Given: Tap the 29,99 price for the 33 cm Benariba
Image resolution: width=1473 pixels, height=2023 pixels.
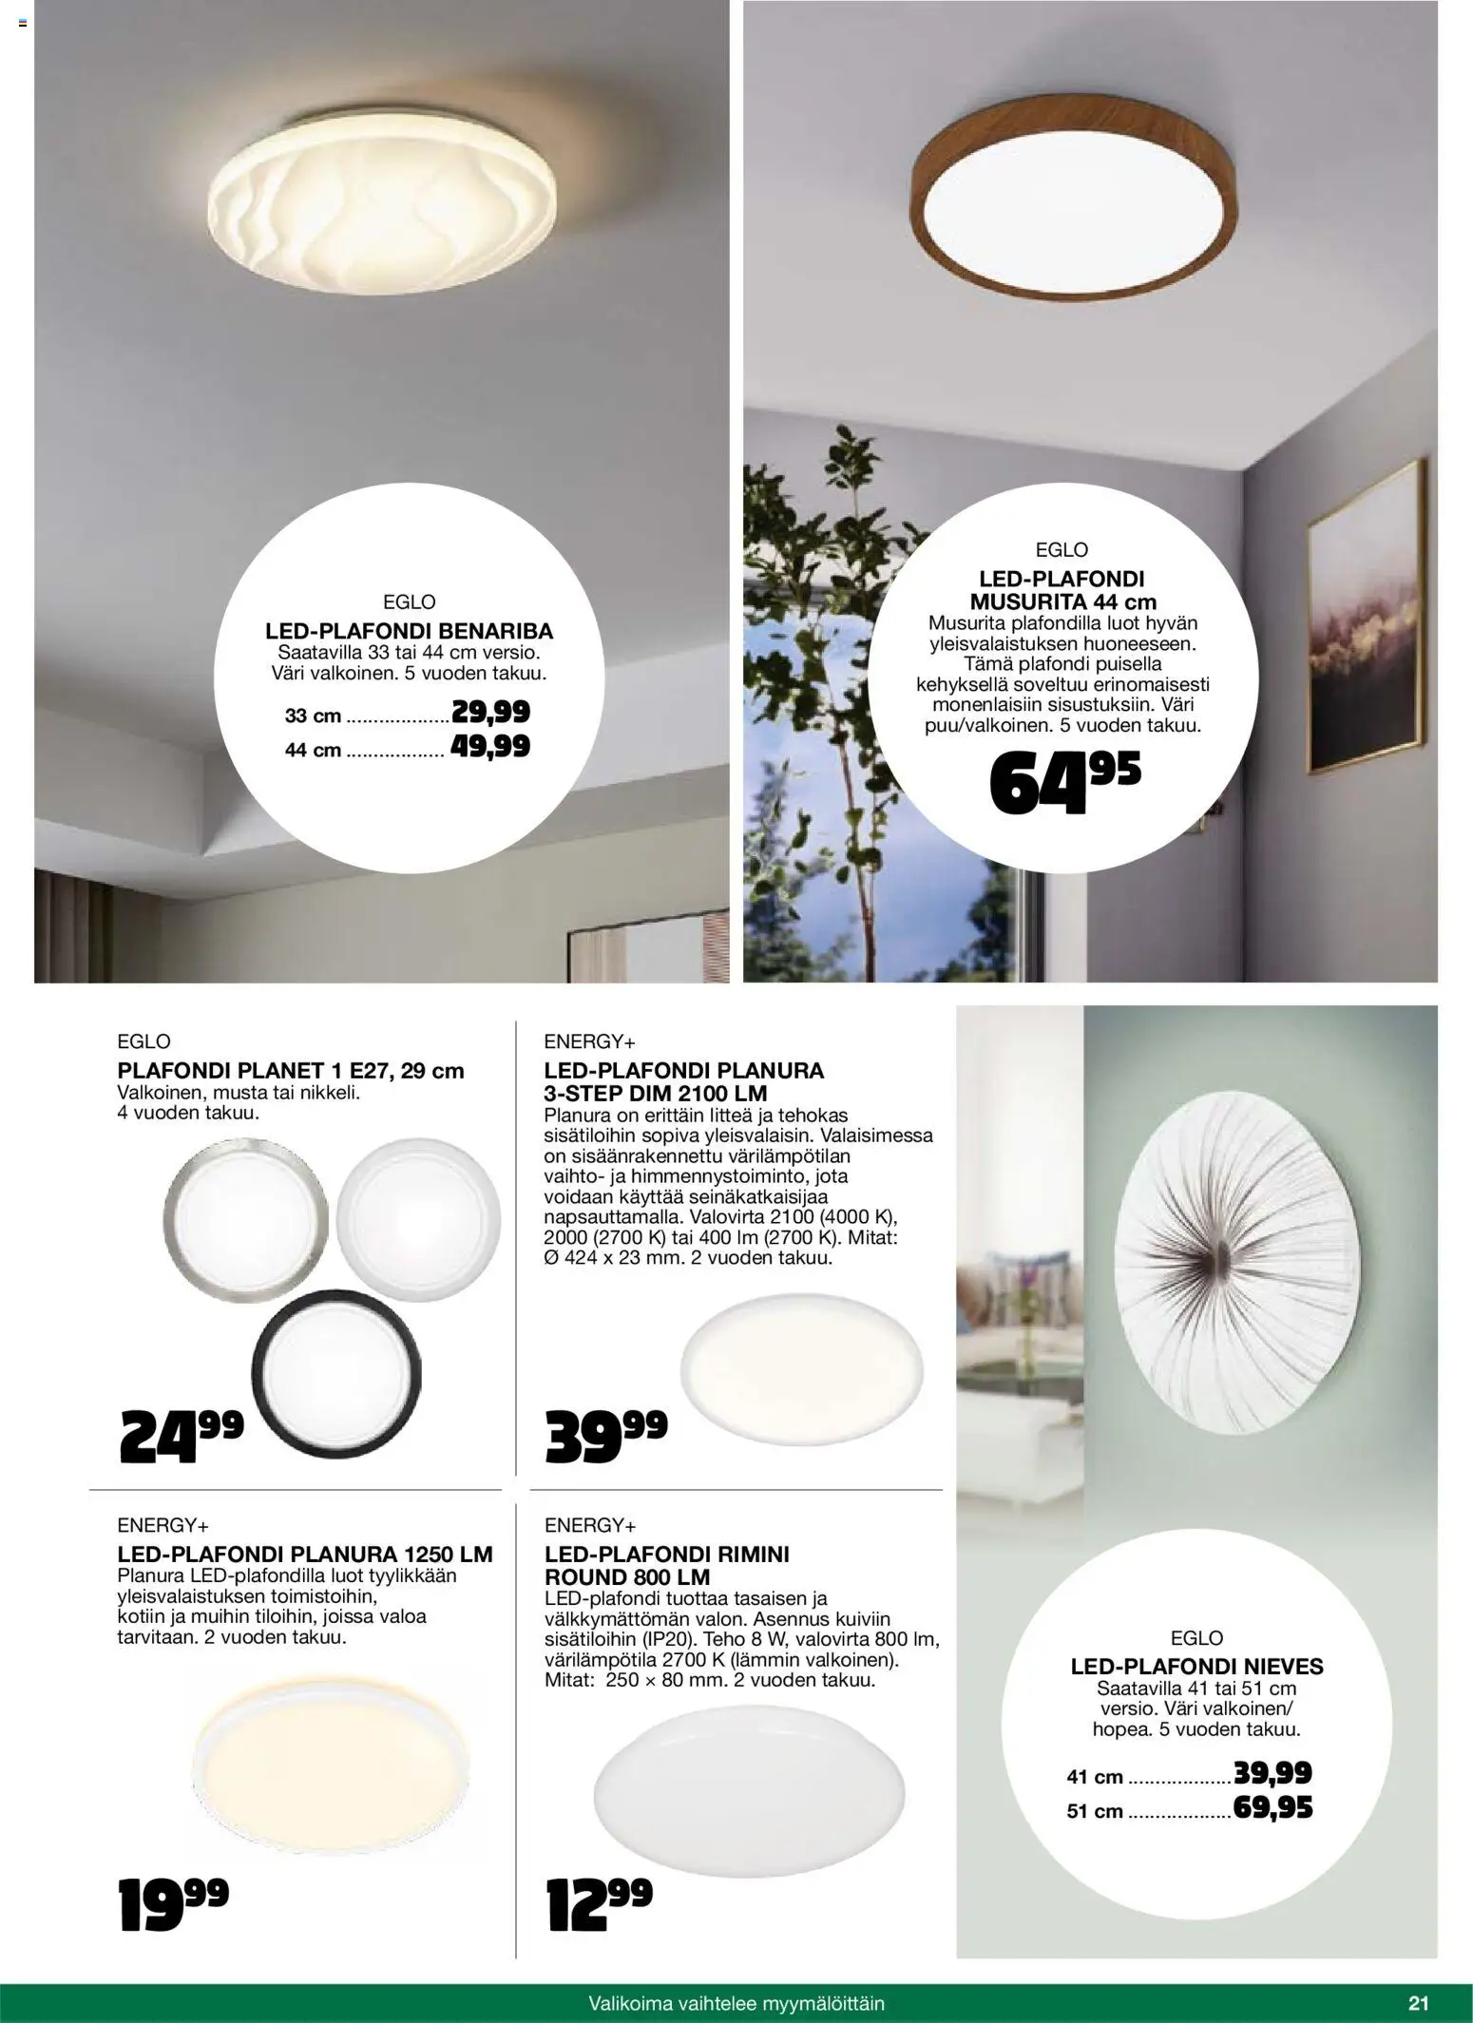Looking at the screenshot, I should [490, 712].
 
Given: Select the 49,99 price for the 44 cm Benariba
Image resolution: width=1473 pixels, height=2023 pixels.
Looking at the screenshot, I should [489, 747].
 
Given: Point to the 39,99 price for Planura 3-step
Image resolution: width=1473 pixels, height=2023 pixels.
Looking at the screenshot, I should [606, 1436].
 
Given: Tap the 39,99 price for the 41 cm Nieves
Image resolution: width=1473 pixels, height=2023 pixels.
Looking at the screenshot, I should [1272, 1772].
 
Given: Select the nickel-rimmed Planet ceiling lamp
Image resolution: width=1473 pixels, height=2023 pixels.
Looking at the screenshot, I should [246, 1215].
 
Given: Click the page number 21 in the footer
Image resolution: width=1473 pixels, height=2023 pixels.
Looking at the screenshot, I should [1418, 2003].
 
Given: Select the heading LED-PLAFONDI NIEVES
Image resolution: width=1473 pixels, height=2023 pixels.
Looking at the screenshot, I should [1196, 1666].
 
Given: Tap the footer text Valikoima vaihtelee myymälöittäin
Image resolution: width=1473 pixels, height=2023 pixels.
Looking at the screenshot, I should [736, 2003].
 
